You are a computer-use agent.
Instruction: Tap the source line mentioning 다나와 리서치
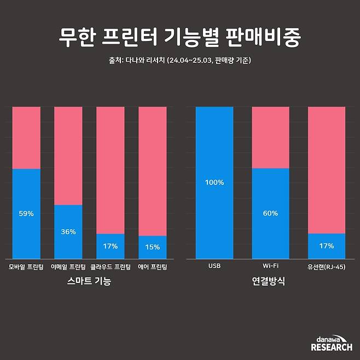click(179, 60)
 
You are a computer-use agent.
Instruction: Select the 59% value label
click(26, 214)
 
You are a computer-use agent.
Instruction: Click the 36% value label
click(68, 232)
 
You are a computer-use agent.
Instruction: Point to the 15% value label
click(152, 247)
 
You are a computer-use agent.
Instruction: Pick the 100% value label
click(214, 183)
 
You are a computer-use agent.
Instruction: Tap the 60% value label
click(270, 213)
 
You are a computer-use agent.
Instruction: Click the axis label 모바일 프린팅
click(26, 268)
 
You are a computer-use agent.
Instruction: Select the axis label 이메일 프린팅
click(68, 268)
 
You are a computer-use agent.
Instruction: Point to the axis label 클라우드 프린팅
click(110, 268)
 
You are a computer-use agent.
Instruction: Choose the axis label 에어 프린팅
click(152, 268)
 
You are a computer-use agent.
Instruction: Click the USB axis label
click(214, 268)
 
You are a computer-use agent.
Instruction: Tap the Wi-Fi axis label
click(270, 268)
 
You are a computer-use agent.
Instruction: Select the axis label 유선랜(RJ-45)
click(327, 268)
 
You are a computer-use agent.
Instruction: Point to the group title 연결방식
click(270, 282)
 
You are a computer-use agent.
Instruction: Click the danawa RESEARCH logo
click(331, 343)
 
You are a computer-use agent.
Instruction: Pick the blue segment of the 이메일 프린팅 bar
click(68, 241)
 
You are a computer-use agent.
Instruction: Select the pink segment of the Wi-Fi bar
click(270, 137)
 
